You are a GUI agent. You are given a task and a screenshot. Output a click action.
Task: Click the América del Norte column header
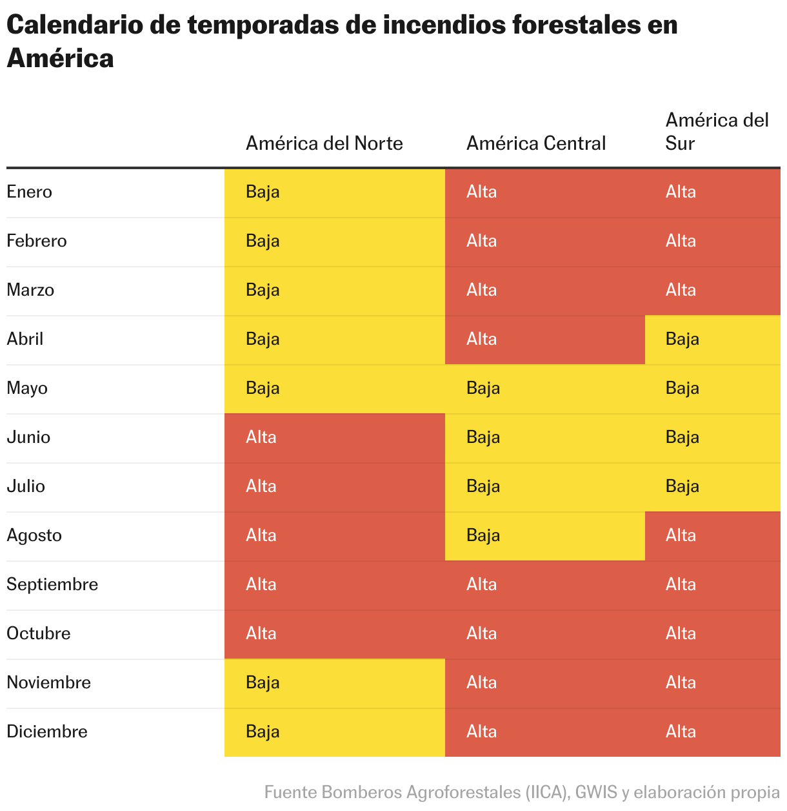pyautogui.click(x=324, y=143)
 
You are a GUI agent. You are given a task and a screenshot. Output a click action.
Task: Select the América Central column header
pyautogui.click(x=535, y=143)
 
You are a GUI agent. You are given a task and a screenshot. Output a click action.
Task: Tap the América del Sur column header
pyautogui.click(x=716, y=131)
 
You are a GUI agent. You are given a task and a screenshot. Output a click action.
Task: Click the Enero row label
pyautogui.click(x=29, y=192)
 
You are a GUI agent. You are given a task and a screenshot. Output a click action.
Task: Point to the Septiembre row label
pyautogui.click(x=52, y=584)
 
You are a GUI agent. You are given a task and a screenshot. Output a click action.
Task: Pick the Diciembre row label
pyautogui.click(x=46, y=732)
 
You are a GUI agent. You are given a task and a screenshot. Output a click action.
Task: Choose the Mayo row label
pyautogui.click(x=27, y=388)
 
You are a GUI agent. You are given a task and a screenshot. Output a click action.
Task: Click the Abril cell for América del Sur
pyautogui.click(x=712, y=340)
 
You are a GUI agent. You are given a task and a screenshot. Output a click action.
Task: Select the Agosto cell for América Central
pyautogui.click(x=544, y=536)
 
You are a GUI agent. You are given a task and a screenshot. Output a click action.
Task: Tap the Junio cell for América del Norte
pyautogui.click(x=334, y=438)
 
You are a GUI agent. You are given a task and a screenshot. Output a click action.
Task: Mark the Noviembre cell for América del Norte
pyautogui.click(x=334, y=683)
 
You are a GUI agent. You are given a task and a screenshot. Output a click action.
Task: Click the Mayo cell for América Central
pyautogui.click(x=544, y=389)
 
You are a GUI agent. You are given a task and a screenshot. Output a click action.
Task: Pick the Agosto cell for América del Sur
pyautogui.click(x=712, y=536)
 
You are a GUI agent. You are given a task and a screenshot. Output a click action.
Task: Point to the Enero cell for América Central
pyautogui.click(x=544, y=192)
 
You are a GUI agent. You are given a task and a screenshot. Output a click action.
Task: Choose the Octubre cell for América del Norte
pyautogui.click(x=334, y=634)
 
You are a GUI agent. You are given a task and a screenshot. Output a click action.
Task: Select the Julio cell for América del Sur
pyautogui.click(x=712, y=487)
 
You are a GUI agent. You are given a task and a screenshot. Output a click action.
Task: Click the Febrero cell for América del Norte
pyautogui.click(x=334, y=241)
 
